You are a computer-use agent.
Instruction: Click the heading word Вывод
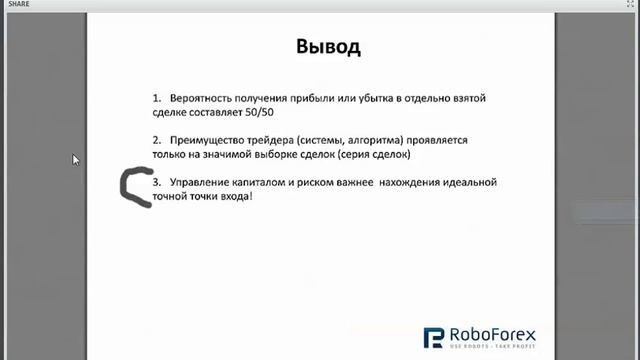click(328, 47)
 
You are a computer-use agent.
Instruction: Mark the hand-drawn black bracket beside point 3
click(132, 188)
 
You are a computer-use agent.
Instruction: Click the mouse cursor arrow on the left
click(76, 159)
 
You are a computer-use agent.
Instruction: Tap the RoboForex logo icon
click(434, 339)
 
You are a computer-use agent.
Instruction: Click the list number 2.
click(157, 141)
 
